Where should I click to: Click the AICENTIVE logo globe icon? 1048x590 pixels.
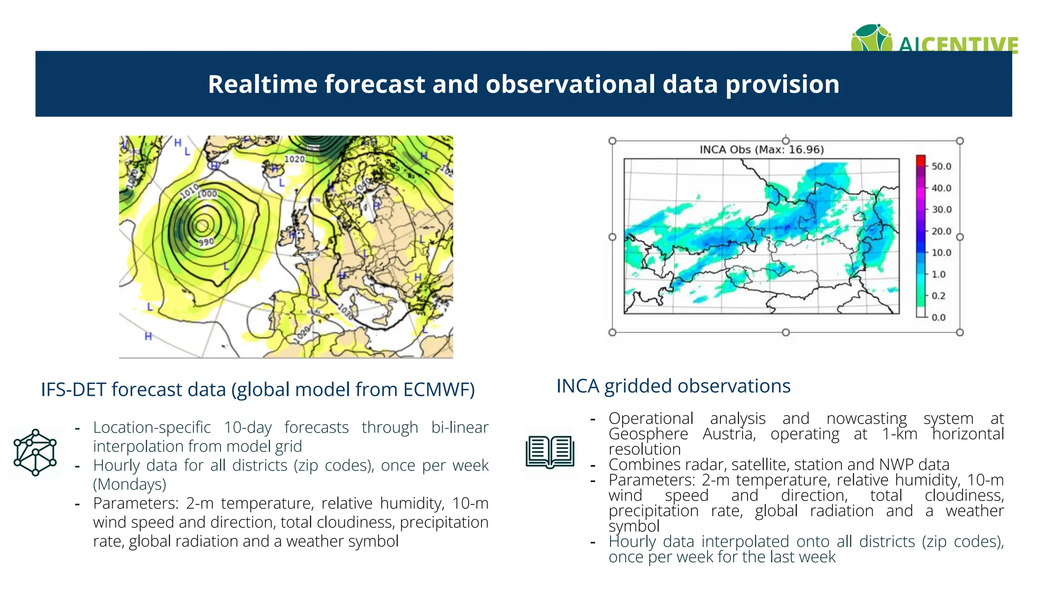871,38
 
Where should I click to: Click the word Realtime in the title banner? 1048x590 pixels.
262,85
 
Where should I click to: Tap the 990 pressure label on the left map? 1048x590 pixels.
206,242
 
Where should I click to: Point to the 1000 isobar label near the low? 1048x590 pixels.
208,194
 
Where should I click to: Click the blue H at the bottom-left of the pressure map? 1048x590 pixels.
148,336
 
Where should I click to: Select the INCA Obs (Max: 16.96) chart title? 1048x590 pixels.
761,150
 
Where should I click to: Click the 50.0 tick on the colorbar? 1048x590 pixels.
941,166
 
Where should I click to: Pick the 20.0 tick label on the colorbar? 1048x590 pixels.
941,231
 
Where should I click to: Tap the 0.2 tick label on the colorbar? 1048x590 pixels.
938,296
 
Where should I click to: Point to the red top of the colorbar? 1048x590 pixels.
921,159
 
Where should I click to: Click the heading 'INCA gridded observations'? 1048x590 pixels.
673,386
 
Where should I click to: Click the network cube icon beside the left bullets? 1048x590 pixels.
35,453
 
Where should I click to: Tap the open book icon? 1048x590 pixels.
550,452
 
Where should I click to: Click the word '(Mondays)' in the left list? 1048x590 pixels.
129,484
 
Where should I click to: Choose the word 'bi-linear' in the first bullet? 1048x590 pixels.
460,427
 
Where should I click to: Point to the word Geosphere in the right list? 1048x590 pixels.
647,434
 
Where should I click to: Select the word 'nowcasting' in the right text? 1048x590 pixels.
866,418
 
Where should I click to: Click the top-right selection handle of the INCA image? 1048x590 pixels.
959,141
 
